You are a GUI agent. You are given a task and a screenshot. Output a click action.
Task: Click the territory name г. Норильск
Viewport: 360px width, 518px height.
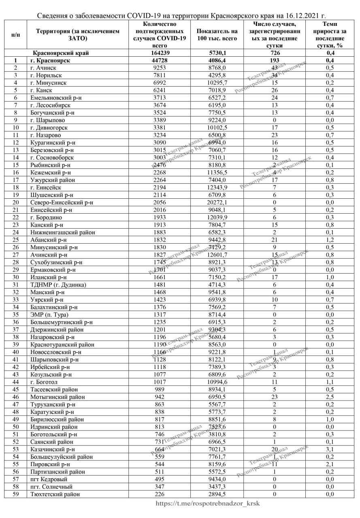coord(46,75)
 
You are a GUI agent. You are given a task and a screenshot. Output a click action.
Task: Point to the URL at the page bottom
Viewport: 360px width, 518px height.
coord(208,503)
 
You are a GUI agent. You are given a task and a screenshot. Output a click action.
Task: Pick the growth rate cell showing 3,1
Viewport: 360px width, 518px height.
coord(330,449)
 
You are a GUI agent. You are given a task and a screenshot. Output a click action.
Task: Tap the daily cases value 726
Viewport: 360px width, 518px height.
coord(274,53)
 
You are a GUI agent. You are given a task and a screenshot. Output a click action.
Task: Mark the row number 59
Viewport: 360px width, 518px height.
coord(15,494)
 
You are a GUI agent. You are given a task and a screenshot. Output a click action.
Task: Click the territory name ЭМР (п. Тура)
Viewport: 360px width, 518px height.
coord(49,314)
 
